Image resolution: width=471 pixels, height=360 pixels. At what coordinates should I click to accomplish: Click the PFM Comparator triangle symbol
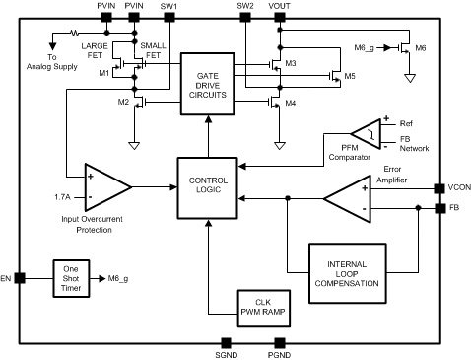pos(366,131)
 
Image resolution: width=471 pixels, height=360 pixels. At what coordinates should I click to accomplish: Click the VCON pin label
pos(458,187)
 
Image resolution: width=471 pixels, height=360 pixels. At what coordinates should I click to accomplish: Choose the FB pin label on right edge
pos(455,209)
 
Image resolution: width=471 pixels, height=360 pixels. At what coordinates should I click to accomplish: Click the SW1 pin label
pos(168,8)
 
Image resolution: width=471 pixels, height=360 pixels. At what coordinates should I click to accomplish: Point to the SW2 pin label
pos(245,8)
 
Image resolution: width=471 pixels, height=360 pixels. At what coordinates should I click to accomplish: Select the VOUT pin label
pos(280,8)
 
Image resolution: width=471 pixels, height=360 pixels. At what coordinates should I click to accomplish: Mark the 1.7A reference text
pos(63,197)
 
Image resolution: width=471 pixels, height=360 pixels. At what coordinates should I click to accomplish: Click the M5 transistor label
pos(349,75)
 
